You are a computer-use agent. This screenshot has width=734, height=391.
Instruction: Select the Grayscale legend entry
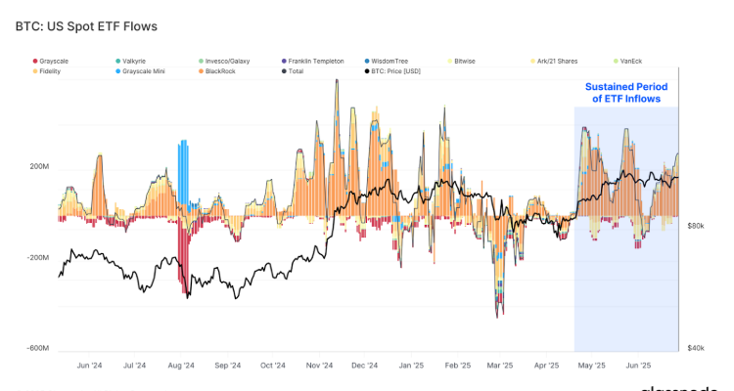55,61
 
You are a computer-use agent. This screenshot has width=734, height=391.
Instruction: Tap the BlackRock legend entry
222,70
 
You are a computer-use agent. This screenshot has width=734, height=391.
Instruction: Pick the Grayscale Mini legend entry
144,70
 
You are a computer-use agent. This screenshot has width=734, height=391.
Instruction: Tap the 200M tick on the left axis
40,167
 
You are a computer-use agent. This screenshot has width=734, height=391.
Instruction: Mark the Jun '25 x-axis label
637,367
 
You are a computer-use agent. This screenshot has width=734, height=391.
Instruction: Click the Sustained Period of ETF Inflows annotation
625,93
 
